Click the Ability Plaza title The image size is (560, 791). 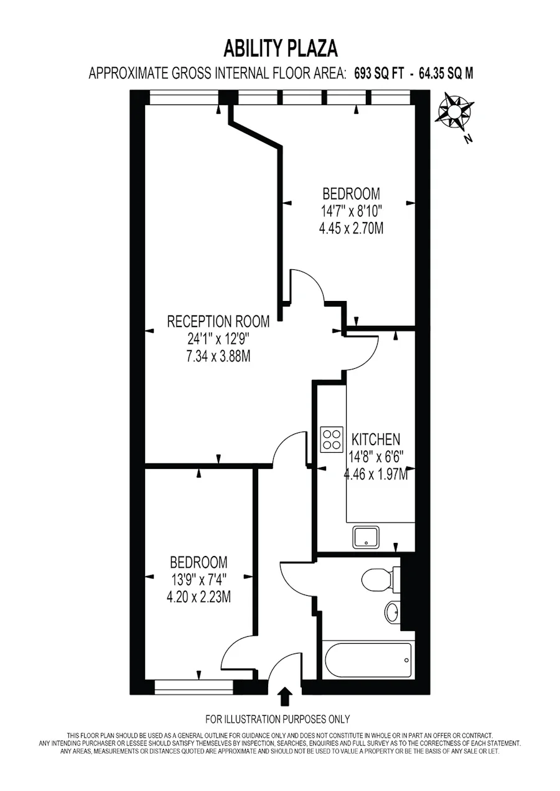pos(281,49)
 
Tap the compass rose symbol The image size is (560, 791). pos(455,113)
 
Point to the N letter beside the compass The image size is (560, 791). pos(469,139)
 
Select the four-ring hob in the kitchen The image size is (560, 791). pos(332,440)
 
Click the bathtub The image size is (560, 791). pos(368,660)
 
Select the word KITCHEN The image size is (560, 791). pos(376,440)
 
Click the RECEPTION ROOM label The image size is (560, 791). pos(218,321)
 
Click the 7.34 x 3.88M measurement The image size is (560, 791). pos(218,356)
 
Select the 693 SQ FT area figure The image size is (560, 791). pos(378,74)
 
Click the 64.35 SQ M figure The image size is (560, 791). pos(446,74)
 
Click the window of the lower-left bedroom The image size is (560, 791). pos(194,687)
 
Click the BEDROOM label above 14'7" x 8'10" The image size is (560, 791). pos(351,194)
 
